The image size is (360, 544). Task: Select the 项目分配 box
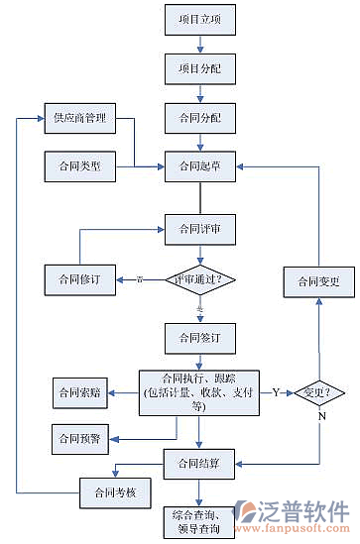(x=200, y=69)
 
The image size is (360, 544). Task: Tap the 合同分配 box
(x=200, y=119)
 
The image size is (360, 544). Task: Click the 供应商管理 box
(x=79, y=119)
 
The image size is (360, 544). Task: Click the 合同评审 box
(x=200, y=229)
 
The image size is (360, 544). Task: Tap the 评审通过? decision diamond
(x=200, y=280)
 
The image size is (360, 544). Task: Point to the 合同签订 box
(x=200, y=338)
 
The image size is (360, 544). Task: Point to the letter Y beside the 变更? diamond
(x=276, y=392)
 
